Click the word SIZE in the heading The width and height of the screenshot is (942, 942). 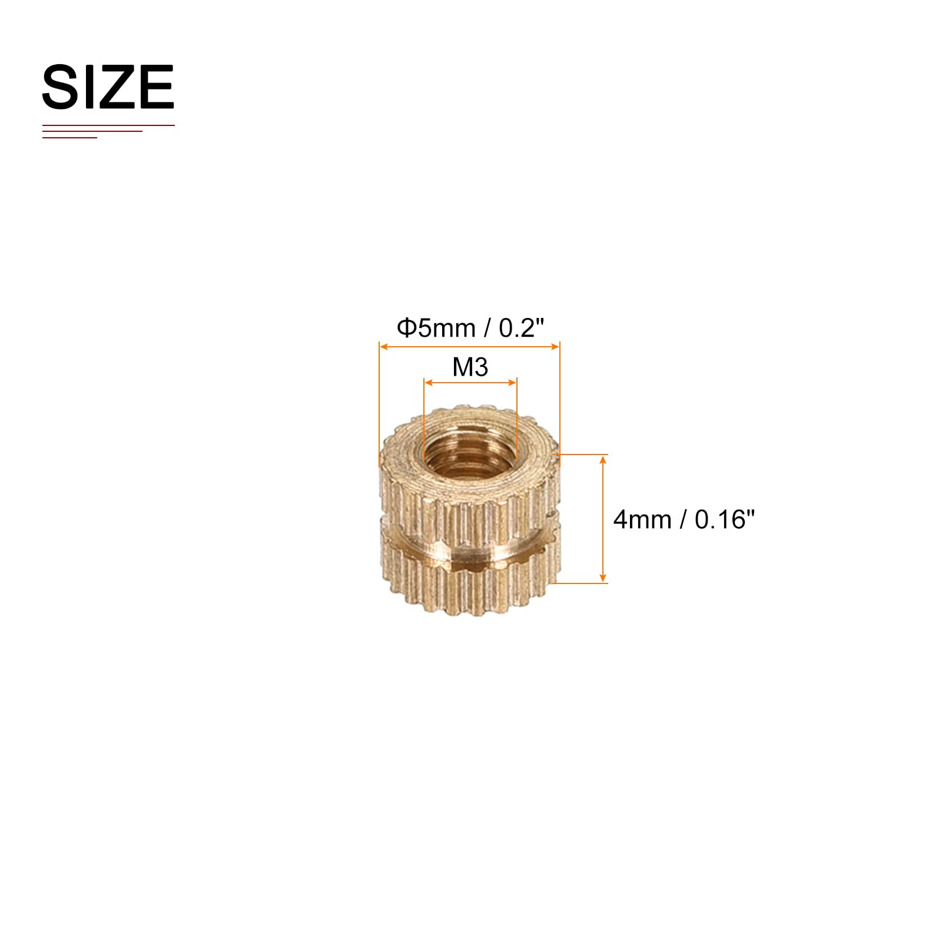(x=108, y=87)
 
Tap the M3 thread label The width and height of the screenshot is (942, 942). (x=470, y=367)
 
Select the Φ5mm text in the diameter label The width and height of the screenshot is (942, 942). (x=436, y=328)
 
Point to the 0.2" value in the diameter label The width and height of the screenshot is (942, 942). (x=522, y=328)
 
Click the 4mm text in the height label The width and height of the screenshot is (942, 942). (x=642, y=520)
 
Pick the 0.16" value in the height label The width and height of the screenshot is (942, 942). (x=725, y=519)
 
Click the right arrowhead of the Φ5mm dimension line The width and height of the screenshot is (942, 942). (x=554, y=347)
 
